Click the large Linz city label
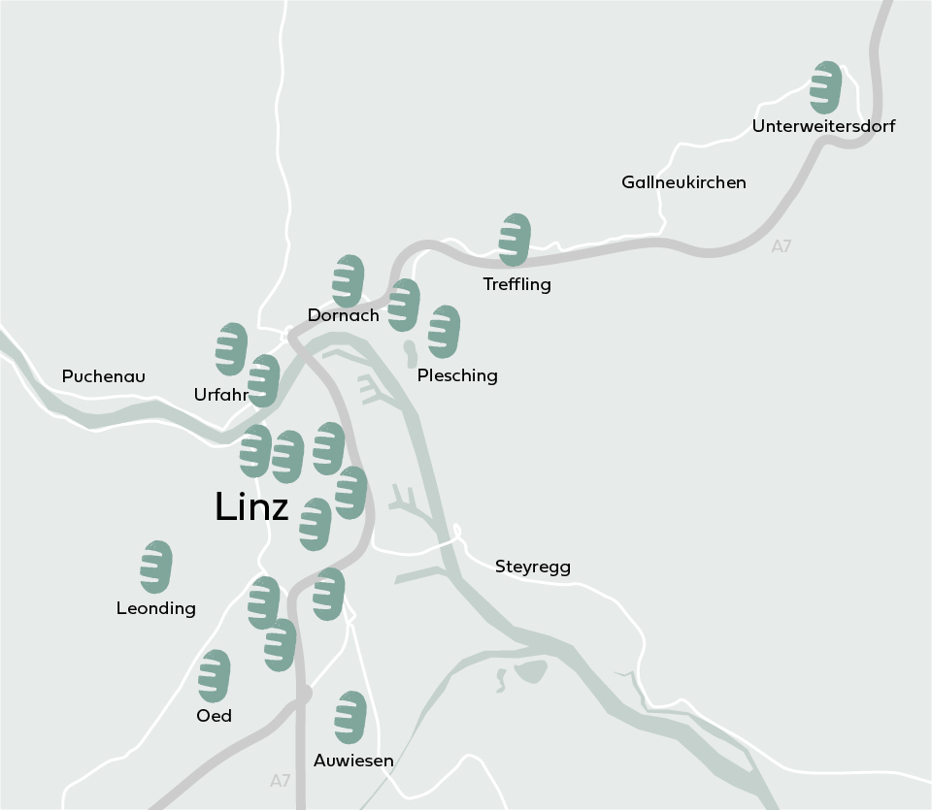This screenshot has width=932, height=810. [x=251, y=507]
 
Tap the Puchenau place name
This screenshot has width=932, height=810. [x=103, y=375]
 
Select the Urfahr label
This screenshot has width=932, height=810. [x=220, y=395]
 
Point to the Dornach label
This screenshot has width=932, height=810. [x=343, y=315]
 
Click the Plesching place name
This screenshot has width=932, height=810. [x=457, y=375]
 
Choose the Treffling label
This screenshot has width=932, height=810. [x=516, y=284]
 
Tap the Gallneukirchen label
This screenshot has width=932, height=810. [x=683, y=182]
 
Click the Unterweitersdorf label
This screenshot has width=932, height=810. [x=823, y=126]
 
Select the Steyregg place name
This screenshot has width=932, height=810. [x=533, y=567]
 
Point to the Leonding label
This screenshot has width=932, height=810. [x=156, y=608]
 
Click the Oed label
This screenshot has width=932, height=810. [x=215, y=716]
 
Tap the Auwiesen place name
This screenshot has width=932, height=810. [x=353, y=761]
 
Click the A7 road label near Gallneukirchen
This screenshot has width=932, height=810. [x=782, y=246]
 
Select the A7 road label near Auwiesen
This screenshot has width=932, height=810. [x=281, y=780]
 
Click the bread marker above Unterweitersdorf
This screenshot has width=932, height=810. [x=825, y=87]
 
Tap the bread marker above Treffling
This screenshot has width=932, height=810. [x=515, y=240]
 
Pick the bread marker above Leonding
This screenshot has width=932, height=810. [x=156, y=567]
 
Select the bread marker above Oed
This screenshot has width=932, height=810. [x=215, y=676]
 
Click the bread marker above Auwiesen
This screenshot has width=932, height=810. [x=350, y=718]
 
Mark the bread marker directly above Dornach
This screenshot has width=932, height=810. [x=348, y=281]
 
